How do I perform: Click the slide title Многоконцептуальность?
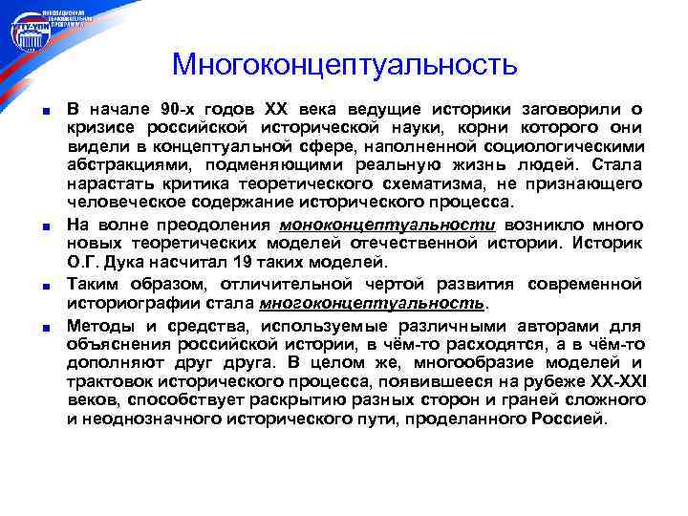[x=344, y=64]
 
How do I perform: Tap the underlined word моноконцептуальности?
[x=387, y=225]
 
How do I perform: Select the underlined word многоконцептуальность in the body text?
[x=372, y=303]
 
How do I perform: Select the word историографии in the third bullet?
[x=123, y=303]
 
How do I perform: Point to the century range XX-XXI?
[x=612, y=381]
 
